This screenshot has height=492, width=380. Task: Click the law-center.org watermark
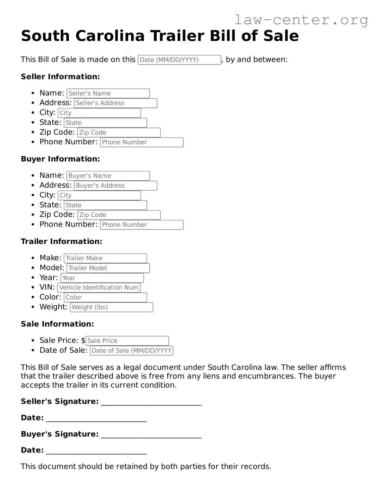tap(301, 20)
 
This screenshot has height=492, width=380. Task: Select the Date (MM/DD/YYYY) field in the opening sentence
tap(179, 60)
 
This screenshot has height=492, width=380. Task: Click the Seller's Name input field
tap(108, 93)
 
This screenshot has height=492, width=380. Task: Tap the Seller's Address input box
tap(115, 103)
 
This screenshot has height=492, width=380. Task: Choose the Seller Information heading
tap(60, 77)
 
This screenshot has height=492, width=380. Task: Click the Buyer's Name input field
tap(108, 176)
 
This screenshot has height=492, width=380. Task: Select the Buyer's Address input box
tap(115, 186)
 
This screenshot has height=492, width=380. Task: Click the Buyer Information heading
tap(60, 159)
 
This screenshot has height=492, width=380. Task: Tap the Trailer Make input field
tap(105, 258)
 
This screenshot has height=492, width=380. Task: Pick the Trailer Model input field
tap(108, 268)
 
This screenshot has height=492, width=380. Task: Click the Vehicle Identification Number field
tap(99, 288)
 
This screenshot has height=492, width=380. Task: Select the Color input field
tap(105, 297)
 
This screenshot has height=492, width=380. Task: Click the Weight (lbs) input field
tap(111, 307)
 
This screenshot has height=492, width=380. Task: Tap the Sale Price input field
tap(127, 341)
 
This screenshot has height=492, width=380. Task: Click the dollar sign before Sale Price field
tap(83, 340)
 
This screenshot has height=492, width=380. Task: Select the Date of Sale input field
tap(131, 351)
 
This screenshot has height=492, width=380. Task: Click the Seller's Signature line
tap(151, 402)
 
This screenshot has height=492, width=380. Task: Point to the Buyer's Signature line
tap(151, 435)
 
